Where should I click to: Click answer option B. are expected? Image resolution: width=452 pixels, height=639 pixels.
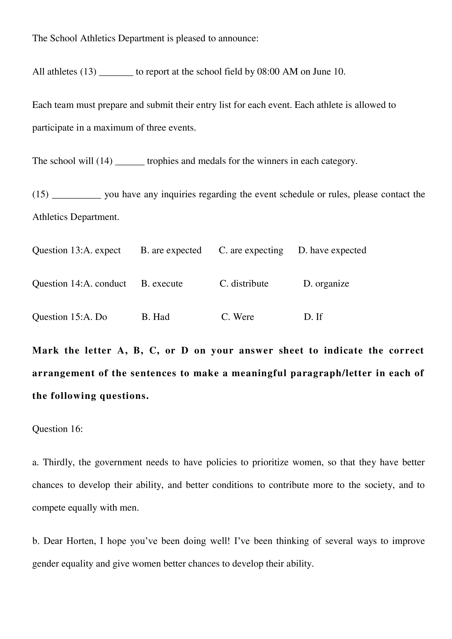point(171,250)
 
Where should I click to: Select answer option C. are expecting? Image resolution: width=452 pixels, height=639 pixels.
point(251,250)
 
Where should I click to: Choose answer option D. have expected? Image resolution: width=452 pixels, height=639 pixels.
point(332,250)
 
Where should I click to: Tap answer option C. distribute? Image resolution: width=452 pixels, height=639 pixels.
point(244,284)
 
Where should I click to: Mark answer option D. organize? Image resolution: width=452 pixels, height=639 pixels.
point(326,284)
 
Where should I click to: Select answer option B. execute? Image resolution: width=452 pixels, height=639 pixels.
point(162,284)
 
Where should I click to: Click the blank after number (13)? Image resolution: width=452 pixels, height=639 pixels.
point(116,73)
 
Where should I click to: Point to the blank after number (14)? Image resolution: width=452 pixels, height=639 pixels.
point(130,162)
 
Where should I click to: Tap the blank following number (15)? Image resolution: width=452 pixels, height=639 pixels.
point(77,196)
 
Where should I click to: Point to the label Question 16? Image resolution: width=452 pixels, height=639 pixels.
point(58,429)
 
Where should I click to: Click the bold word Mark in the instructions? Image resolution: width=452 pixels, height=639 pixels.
point(46,351)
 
